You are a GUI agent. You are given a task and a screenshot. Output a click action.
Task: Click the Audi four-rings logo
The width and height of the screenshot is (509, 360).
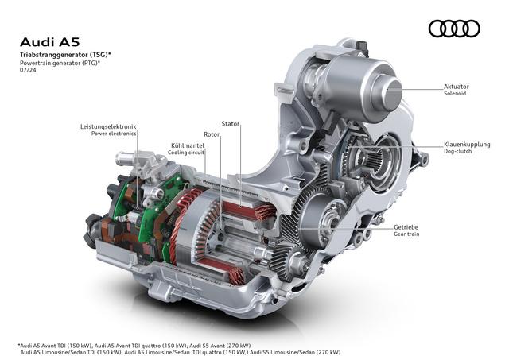point(454,29)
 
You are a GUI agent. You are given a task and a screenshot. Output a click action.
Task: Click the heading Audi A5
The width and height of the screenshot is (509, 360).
point(49,42)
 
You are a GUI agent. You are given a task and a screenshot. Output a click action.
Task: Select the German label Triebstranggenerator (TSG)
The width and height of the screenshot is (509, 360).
point(64,55)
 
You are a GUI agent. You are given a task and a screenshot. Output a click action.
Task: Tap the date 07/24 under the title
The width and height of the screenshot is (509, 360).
point(28,69)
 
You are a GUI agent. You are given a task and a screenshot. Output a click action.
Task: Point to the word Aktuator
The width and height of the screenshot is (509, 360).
point(457,87)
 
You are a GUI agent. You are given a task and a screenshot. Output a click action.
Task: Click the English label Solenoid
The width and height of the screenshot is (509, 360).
point(455,94)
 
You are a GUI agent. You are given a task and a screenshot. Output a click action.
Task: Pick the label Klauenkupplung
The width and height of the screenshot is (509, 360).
point(467,145)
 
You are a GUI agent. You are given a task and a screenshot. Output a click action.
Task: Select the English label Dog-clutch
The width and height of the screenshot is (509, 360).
point(458,151)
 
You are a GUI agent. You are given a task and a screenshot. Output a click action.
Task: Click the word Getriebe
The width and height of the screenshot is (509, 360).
point(406,227)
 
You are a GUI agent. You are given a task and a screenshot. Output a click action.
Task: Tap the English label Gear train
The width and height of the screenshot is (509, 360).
point(406,234)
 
